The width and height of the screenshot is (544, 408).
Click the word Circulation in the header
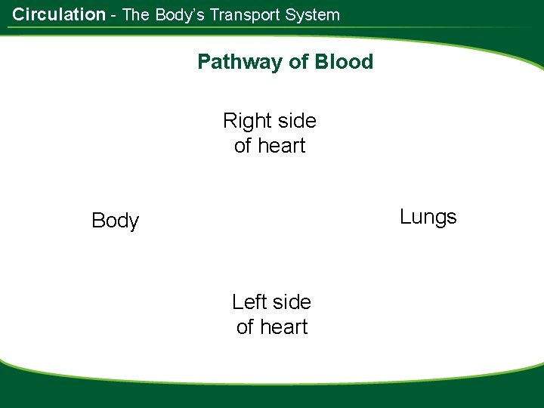point(59,14)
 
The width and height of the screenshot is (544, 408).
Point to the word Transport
point(243,14)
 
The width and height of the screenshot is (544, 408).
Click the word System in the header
point(312,14)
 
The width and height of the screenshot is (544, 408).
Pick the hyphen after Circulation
point(113,15)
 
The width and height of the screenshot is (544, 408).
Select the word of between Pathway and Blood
point(298,62)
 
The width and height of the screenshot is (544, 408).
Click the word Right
point(246,121)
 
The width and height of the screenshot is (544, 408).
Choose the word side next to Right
point(295,121)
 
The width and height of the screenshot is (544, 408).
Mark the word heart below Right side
point(280,146)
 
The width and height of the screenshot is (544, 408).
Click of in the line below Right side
point(243,146)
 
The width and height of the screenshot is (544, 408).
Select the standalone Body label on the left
point(115,221)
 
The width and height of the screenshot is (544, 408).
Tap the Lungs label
point(428,218)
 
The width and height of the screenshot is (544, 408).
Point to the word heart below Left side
point(283,327)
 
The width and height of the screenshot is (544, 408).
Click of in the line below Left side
point(245,327)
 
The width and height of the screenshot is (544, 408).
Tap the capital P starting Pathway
point(203,62)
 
